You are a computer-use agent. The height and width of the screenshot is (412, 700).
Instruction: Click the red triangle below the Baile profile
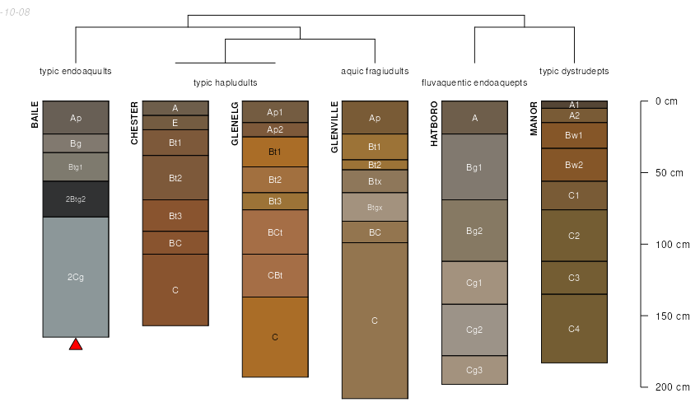point(76,344)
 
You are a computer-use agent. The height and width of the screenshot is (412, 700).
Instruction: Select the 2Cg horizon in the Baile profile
point(76,277)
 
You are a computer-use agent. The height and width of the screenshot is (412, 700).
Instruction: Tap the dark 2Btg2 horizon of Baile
point(76,199)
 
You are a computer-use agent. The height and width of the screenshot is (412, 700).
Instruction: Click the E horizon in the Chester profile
point(175,123)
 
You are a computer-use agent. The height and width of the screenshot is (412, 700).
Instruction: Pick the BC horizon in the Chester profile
point(175,243)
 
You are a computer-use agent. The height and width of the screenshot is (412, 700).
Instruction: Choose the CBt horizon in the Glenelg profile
point(275,275)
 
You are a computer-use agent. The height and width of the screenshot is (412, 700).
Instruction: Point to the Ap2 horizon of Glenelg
point(275,129)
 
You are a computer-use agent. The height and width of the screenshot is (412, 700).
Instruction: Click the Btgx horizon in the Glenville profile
point(375,207)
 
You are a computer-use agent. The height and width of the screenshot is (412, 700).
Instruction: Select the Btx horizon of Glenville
point(375,180)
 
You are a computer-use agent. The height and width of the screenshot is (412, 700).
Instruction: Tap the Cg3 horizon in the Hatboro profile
point(474,370)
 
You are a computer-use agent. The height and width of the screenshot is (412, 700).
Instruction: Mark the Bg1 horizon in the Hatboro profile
point(474,167)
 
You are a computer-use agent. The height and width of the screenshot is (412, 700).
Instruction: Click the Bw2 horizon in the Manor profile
point(574,165)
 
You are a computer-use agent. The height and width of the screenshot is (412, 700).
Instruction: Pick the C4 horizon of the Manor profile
point(574,329)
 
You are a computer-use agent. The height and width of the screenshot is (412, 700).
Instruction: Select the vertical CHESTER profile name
point(135,124)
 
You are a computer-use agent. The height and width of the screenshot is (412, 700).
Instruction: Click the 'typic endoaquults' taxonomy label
point(76,71)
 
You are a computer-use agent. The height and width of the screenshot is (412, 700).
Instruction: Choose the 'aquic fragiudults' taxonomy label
point(375,71)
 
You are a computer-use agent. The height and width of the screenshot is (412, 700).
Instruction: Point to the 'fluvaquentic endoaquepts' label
point(474,82)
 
